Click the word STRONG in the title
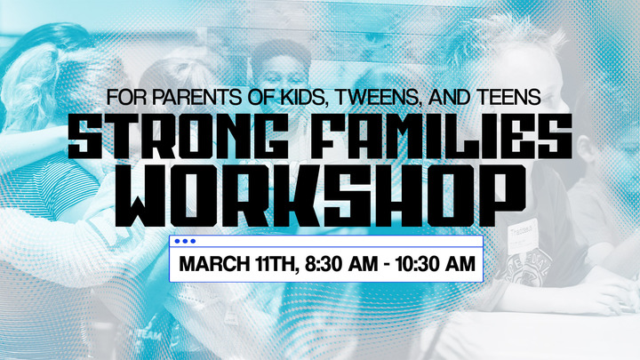click(x=179, y=136)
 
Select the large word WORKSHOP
click(x=320, y=196)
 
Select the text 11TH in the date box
click(x=275, y=264)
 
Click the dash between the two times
click(x=388, y=265)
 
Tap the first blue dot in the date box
click(x=177, y=241)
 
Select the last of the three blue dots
click(x=193, y=241)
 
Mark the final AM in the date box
click(x=460, y=264)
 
